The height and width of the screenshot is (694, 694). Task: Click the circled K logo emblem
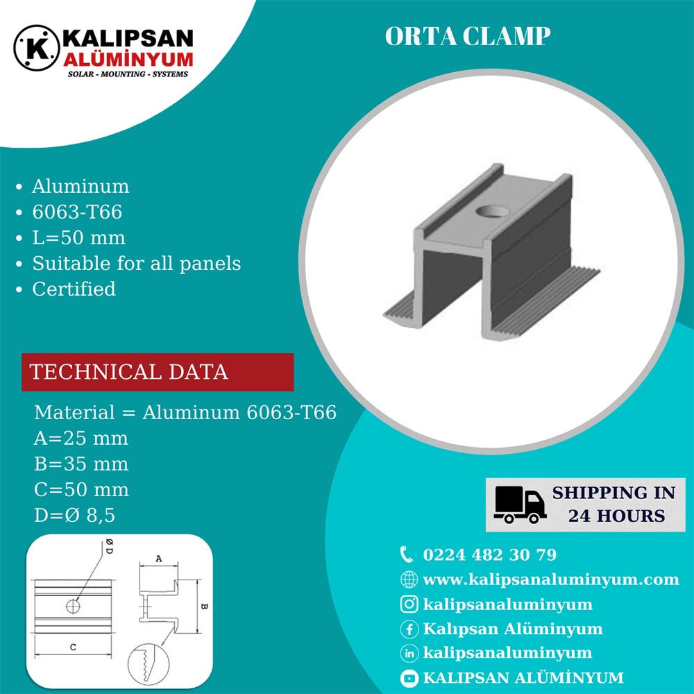pyautogui.click(x=36, y=48)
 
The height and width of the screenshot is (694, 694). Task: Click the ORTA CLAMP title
pyautogui.click(x=468, y=36)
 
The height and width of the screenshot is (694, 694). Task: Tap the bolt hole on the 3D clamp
pyautogui.click(x=493, y=211)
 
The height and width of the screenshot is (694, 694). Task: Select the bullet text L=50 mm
pyautogui.click(x=79, y=237)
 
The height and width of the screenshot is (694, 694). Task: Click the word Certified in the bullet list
pyautogui.click(x=74, y=289)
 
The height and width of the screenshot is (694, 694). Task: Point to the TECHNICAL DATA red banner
pyautogui.click(x=158, y=372)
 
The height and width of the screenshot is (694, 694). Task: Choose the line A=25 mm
pyautogui.click(x=81, y=438)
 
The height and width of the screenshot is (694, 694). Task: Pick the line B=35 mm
pyautogui.click(x=81, y=464)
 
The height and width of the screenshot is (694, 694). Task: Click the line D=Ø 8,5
pyautogui.click(x=74, y=515)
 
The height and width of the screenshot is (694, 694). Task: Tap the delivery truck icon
pyautogui.click(x=520, y=505)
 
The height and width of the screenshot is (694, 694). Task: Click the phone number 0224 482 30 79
pyautogui.click(x=489, y=555)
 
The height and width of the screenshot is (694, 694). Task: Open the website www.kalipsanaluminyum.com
pyautogui.click(x=550, y=579)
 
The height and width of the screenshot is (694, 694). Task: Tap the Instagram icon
pyautogui.click(x=409, y=604)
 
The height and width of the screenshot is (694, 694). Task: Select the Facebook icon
pyautogui.click(x=409, y=629)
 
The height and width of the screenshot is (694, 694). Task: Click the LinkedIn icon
pyautogui.click(x=409, y=653)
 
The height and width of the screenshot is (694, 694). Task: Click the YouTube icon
pyautogui.click(x=409, y=677)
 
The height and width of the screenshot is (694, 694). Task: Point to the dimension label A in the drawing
pyautogui.click(x=159, y=559)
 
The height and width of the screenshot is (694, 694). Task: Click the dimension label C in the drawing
pyautogui.click(x=73, y=647)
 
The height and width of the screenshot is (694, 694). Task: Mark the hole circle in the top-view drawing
pyautogui.click(x=73, y=607)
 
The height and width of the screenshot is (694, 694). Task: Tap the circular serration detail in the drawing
pyautogui.click(x=149, y=664)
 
